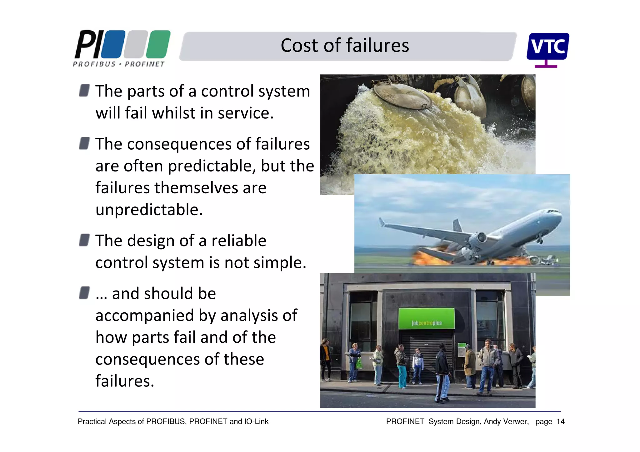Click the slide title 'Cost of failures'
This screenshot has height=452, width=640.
click(344, 46)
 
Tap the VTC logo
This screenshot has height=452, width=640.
click(547, 47)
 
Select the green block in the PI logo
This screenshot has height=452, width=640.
click(158, 44)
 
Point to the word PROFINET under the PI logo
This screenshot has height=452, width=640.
click(144, 64)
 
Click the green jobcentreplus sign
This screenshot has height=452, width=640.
click(426, 318)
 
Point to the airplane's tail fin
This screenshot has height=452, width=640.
click(458, 225)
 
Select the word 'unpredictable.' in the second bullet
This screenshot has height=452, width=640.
click(149, 210)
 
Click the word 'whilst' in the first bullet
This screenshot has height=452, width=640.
click(173, 113)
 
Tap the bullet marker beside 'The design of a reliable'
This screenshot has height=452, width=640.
click(84, 240)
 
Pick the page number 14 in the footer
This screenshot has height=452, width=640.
click(561, 422)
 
